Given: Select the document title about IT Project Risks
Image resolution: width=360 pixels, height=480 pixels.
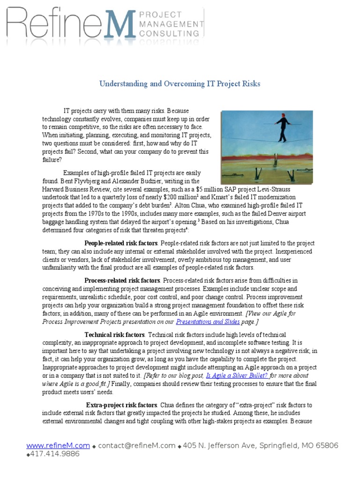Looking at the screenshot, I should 180,84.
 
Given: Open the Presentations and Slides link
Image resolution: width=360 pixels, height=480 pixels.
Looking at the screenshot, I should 208,322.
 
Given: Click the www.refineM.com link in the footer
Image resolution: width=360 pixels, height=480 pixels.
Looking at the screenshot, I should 58,445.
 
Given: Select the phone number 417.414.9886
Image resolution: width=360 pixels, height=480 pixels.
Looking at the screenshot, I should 55,454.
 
